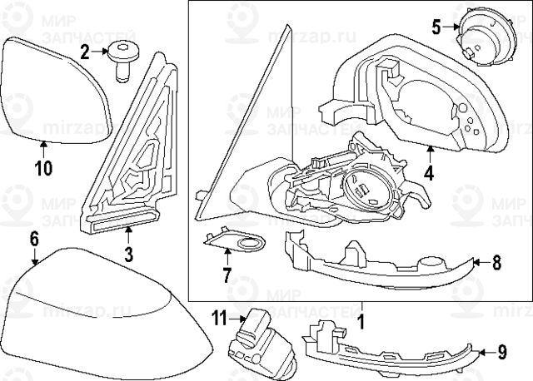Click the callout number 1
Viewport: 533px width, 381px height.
[361, 319]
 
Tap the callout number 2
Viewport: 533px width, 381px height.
[85, 53]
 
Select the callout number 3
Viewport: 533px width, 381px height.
[128, 255]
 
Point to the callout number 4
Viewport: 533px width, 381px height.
[429, 174]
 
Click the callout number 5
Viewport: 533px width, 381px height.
[436, 27]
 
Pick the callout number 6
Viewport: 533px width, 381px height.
[34, 239]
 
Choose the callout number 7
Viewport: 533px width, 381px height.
[225, 274]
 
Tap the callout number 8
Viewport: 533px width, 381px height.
[496, 263]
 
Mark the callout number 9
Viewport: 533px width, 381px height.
[501, 352]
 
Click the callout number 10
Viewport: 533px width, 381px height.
[43, 168]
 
